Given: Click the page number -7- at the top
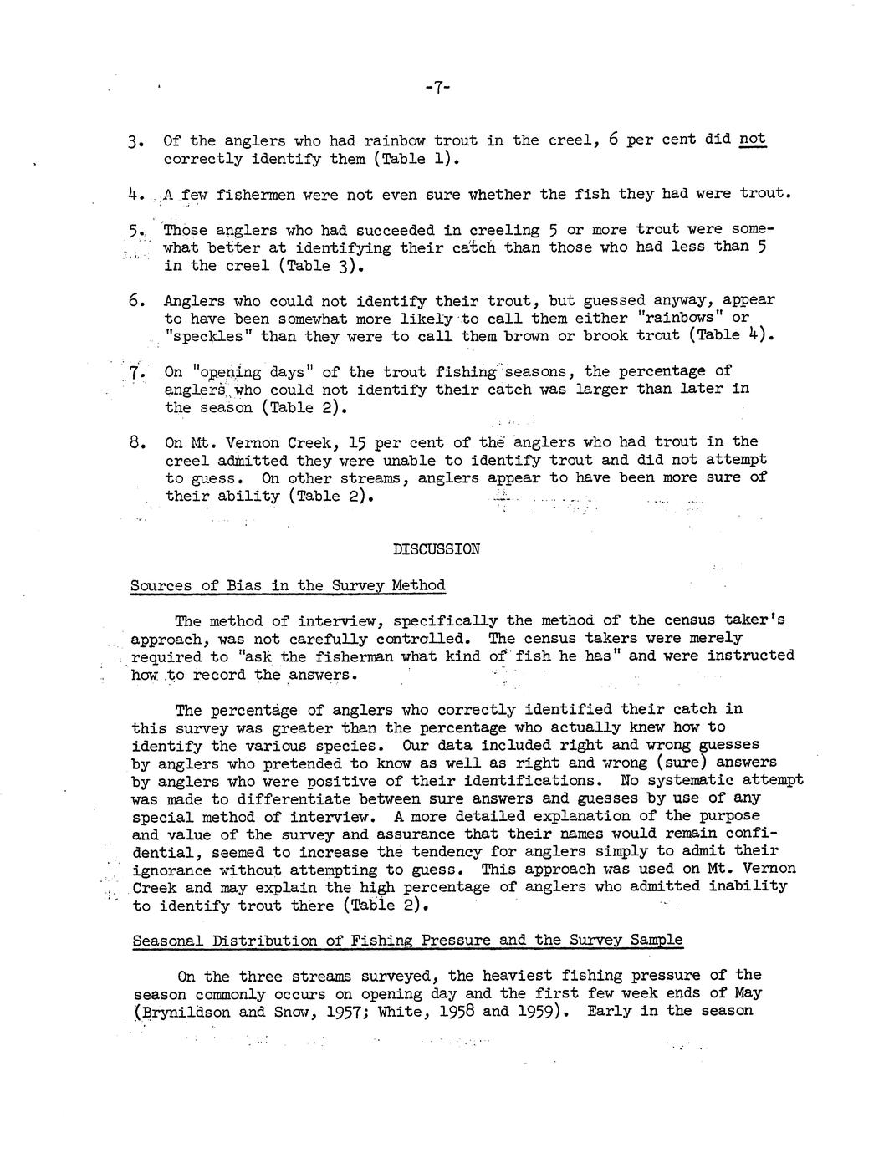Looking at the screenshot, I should tap(437, 87).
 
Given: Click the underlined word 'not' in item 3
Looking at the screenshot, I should tap(753, 140).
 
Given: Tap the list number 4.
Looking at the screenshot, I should tap(137, 195).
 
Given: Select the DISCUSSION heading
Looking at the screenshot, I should tap(437, 549).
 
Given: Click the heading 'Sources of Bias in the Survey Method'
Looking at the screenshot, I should tap(288, 585).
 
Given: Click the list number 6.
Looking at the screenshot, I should tap(137, 300).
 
